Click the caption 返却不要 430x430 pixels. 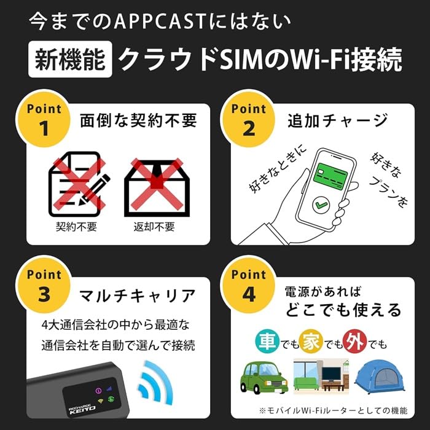coord(154,227)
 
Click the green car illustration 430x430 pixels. coord(261,377)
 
